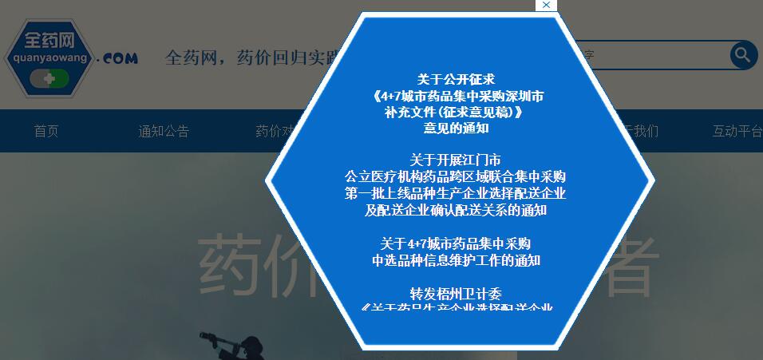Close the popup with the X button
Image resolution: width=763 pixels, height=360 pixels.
[x=546, y=6]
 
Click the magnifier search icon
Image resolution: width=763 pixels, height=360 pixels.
[x=743, y=55]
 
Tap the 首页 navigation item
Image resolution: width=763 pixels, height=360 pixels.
[x=46, y=131]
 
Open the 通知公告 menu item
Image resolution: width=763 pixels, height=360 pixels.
[x=164, y=131]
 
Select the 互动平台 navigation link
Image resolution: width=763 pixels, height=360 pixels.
[x=737, y=131]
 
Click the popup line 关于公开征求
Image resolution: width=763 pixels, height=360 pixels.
[x=456, y=80]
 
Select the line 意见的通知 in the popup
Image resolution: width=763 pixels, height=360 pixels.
[x=456, y=128]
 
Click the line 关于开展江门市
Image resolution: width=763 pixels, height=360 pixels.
[x=456, y=160]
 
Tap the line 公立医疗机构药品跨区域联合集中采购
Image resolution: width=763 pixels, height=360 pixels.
[x=456, y=176]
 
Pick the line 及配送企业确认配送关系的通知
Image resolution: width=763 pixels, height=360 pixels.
[x=456, y=211]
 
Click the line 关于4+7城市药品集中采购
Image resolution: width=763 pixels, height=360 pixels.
[x=456, y=243]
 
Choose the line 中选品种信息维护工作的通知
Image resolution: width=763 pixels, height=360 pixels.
[x=456, y=260]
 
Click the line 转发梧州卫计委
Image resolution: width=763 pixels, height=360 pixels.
[x=456, y=293]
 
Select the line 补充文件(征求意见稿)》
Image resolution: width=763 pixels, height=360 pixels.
[x=456, y=112]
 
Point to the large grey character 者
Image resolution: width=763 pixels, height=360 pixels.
[x=626, y=264]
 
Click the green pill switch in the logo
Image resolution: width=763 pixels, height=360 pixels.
[x=49, y=79]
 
